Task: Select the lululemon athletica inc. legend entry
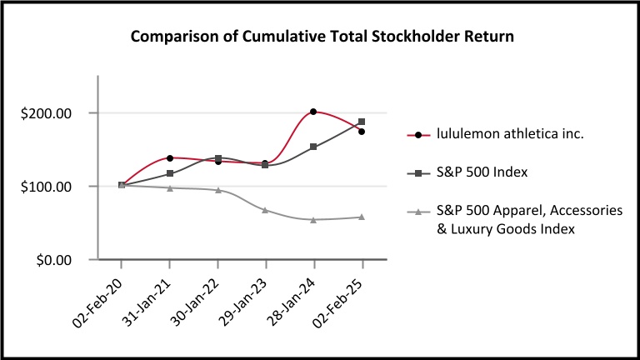pos(497,133)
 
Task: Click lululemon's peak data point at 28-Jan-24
pos(313,112)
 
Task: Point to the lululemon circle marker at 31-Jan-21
pos(170,157)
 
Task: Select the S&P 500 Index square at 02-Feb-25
pos(362,122)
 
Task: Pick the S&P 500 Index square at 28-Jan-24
pos(313,147)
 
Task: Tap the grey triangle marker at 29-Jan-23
pos(265,210)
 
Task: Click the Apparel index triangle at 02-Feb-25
pos(362,217)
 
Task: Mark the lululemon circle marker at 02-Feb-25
pos(362,132)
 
